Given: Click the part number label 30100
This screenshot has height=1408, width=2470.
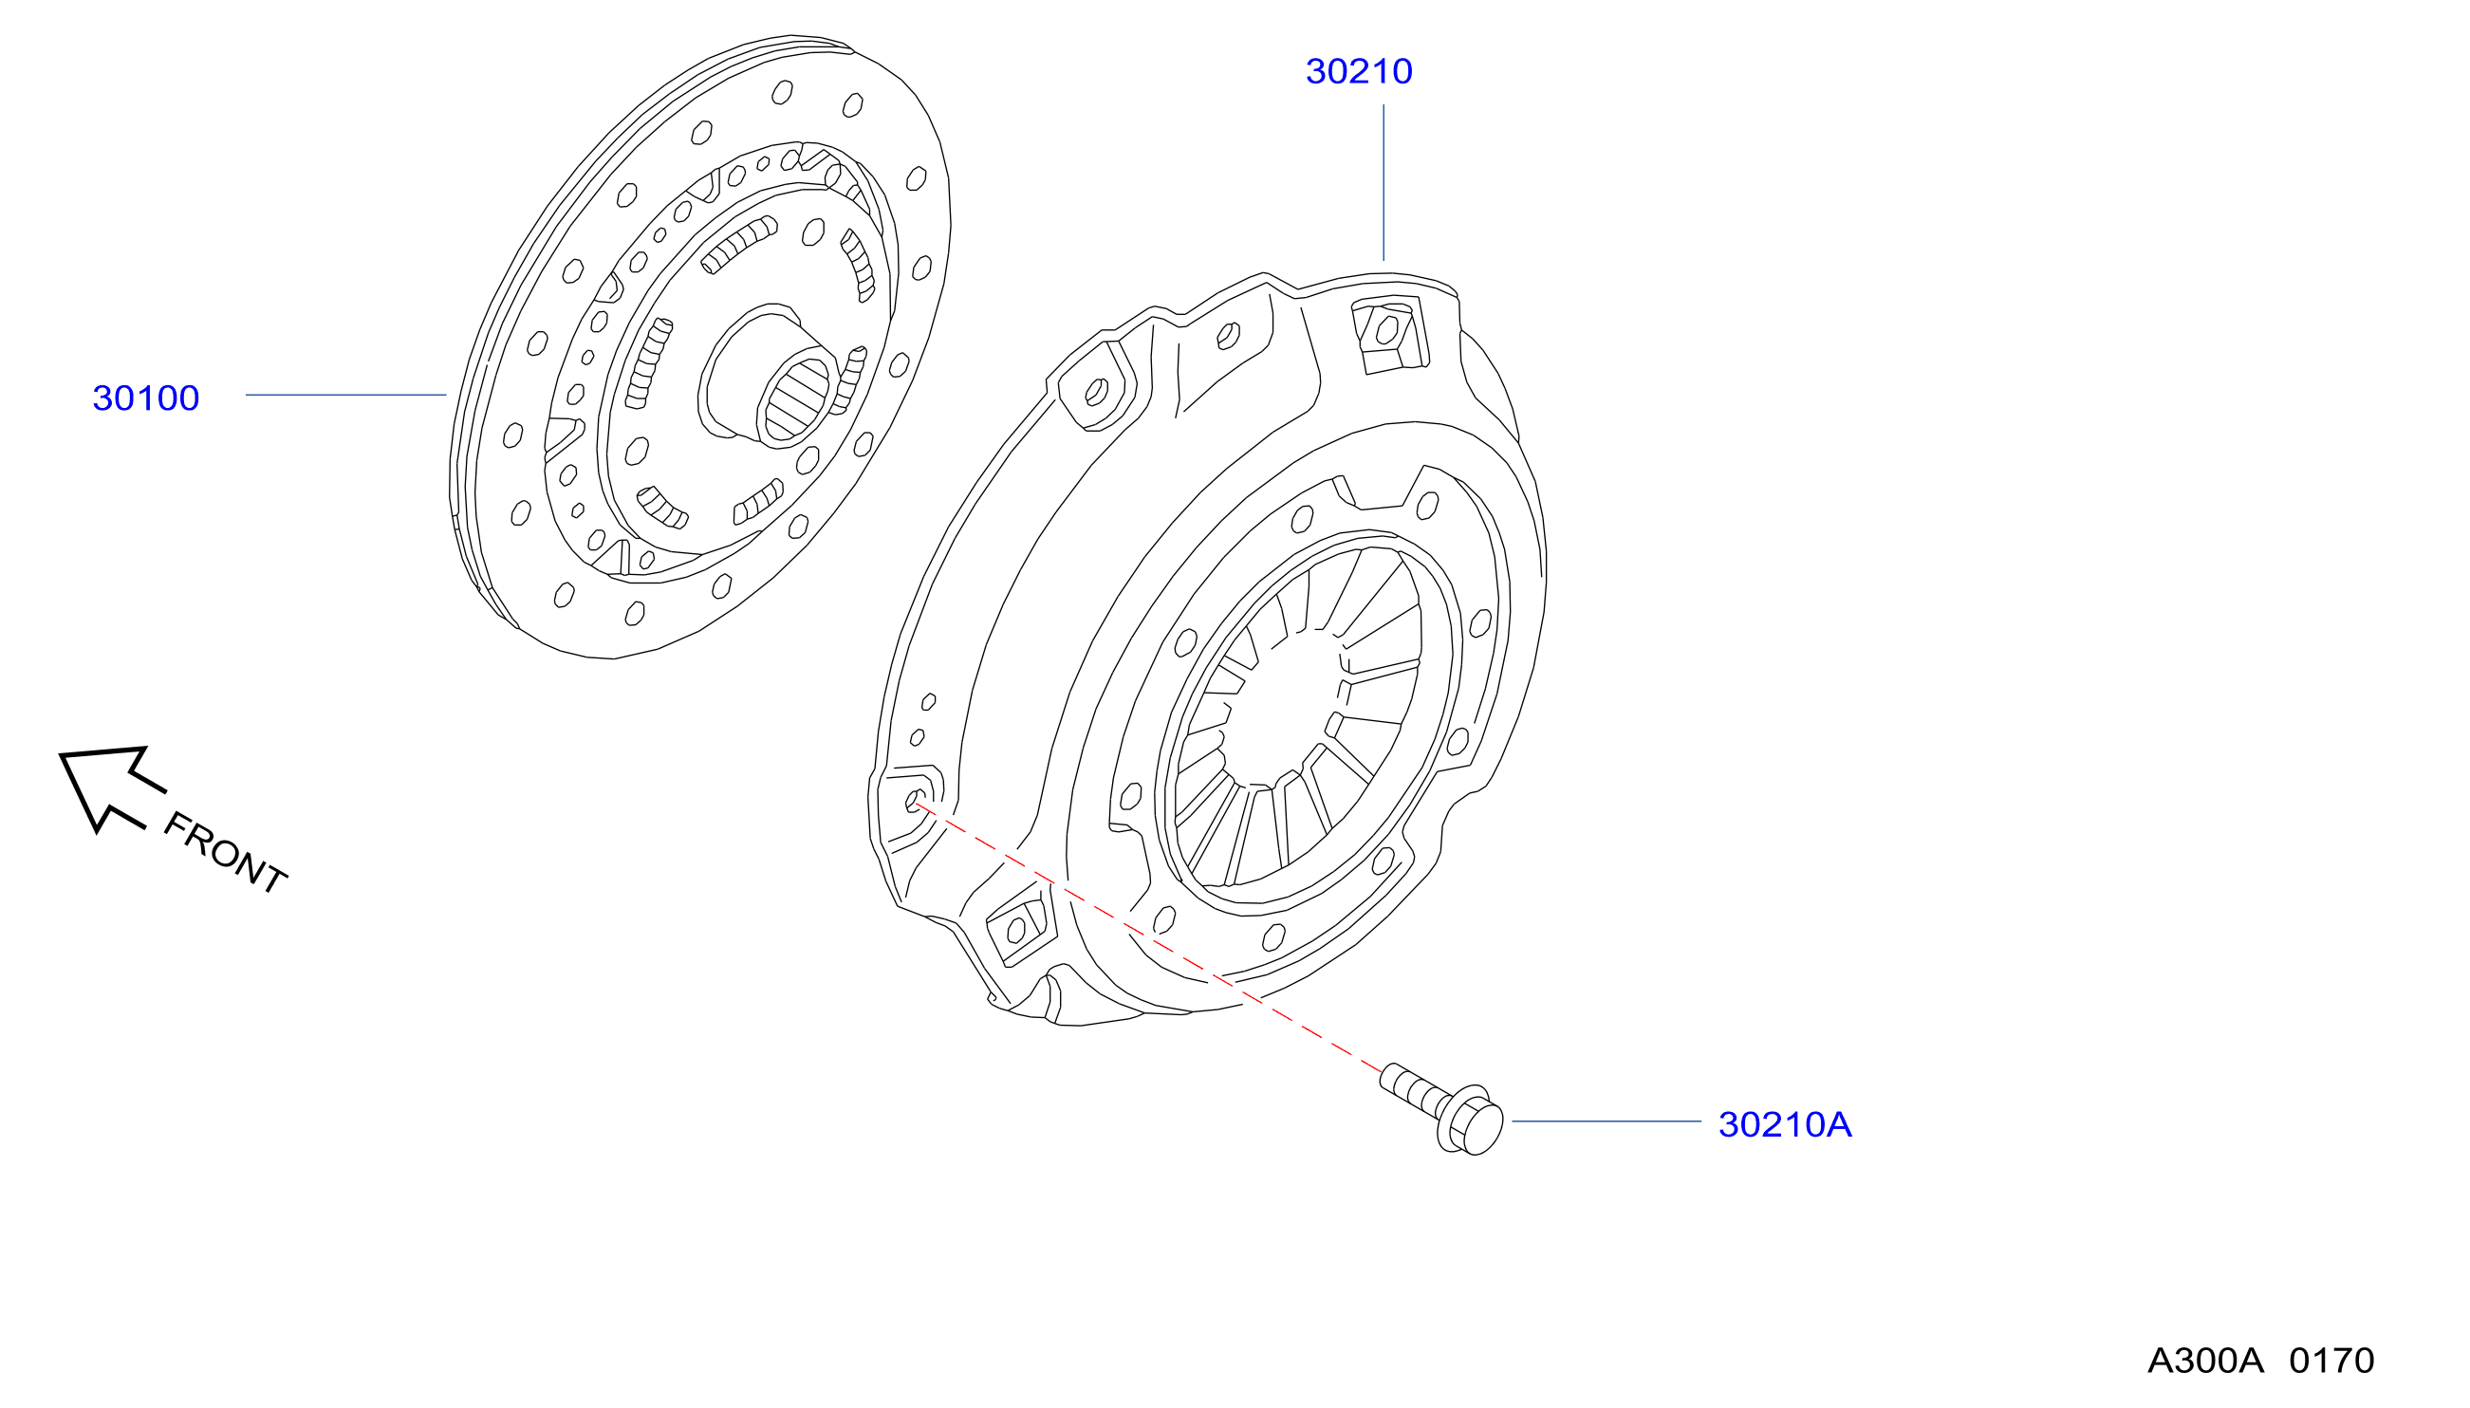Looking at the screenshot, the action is (x=146, y=398).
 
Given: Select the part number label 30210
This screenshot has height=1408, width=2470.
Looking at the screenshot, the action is (x=1359, y=71).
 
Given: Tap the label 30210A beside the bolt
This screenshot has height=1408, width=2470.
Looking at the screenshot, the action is (x=1784, y=1123).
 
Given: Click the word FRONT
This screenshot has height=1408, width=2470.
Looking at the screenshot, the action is (x=225, y=852).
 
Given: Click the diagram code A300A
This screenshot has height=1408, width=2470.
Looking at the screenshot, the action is (x=2205, y=1360).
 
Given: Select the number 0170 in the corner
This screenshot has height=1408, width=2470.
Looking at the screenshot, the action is (x=2331, y=1360).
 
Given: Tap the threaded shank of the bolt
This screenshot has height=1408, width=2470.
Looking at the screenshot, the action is (x=1413, y=1087).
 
